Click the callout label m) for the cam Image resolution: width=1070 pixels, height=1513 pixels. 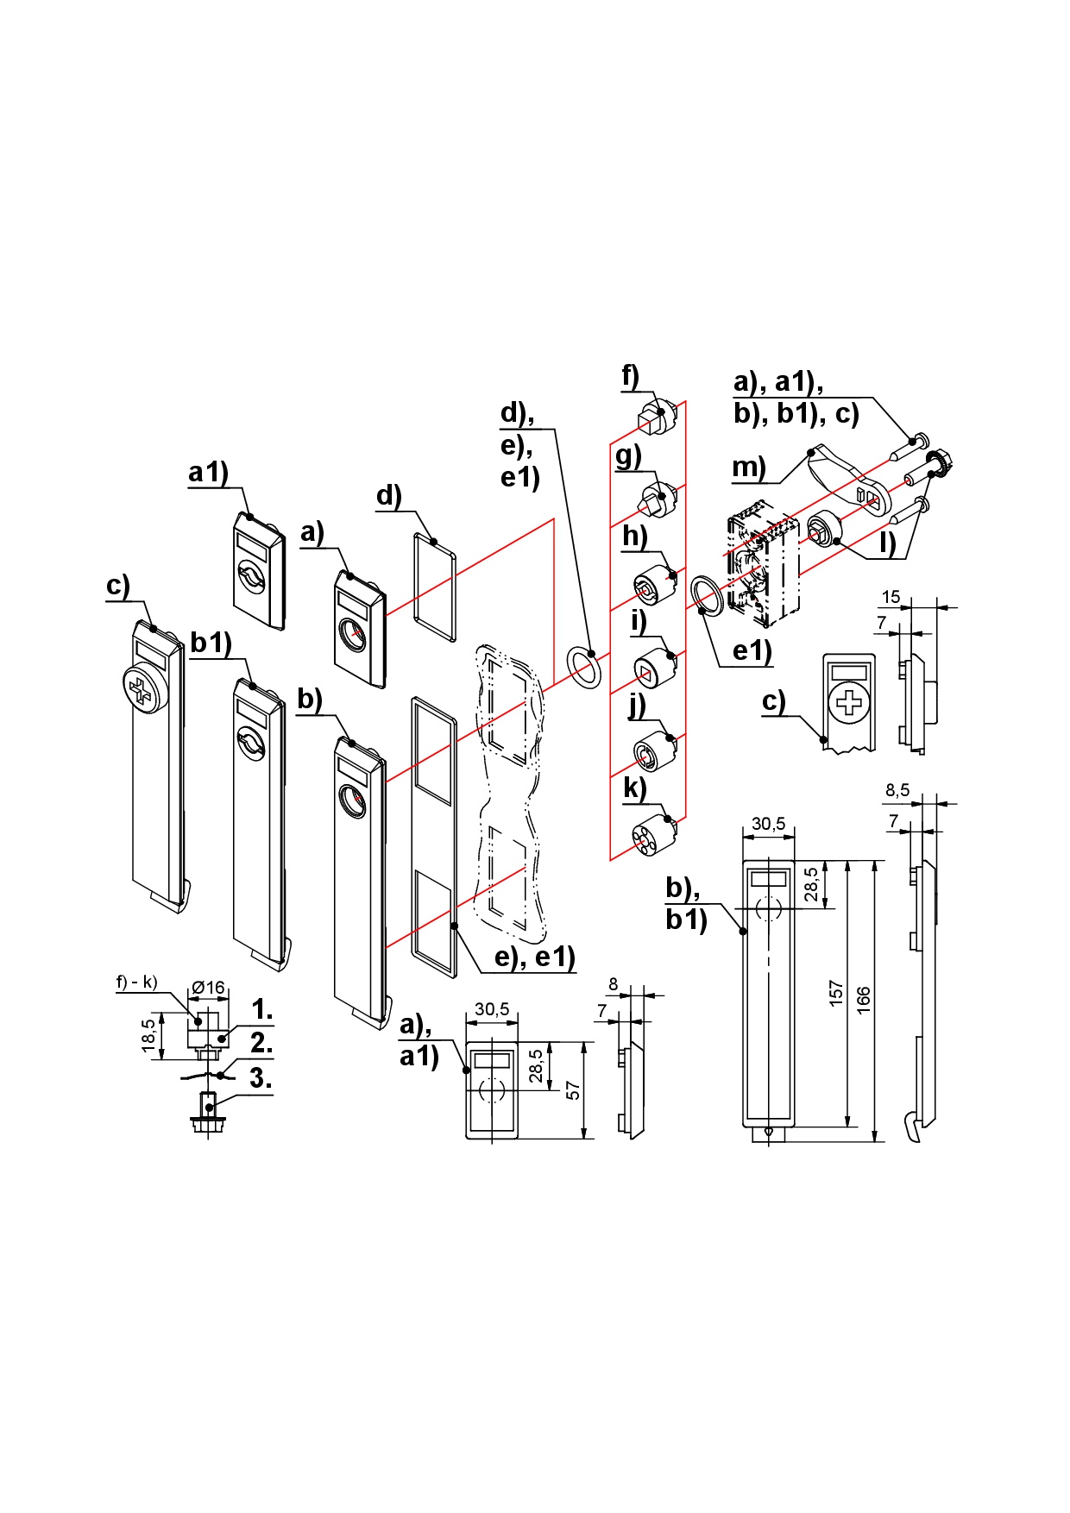[x=748, y=468]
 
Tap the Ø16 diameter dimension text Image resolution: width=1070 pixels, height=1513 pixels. [x=208, y=987]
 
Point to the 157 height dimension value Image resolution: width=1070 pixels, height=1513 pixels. [x=834, y=994]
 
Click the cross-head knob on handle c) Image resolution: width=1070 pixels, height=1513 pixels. [x=144, y=688]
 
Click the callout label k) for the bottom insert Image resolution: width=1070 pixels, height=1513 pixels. [x=634, y=788]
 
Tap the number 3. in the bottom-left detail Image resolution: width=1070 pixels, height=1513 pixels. [x=261, y=1077]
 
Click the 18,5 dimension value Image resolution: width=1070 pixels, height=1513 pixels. [x=149, y=1035]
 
